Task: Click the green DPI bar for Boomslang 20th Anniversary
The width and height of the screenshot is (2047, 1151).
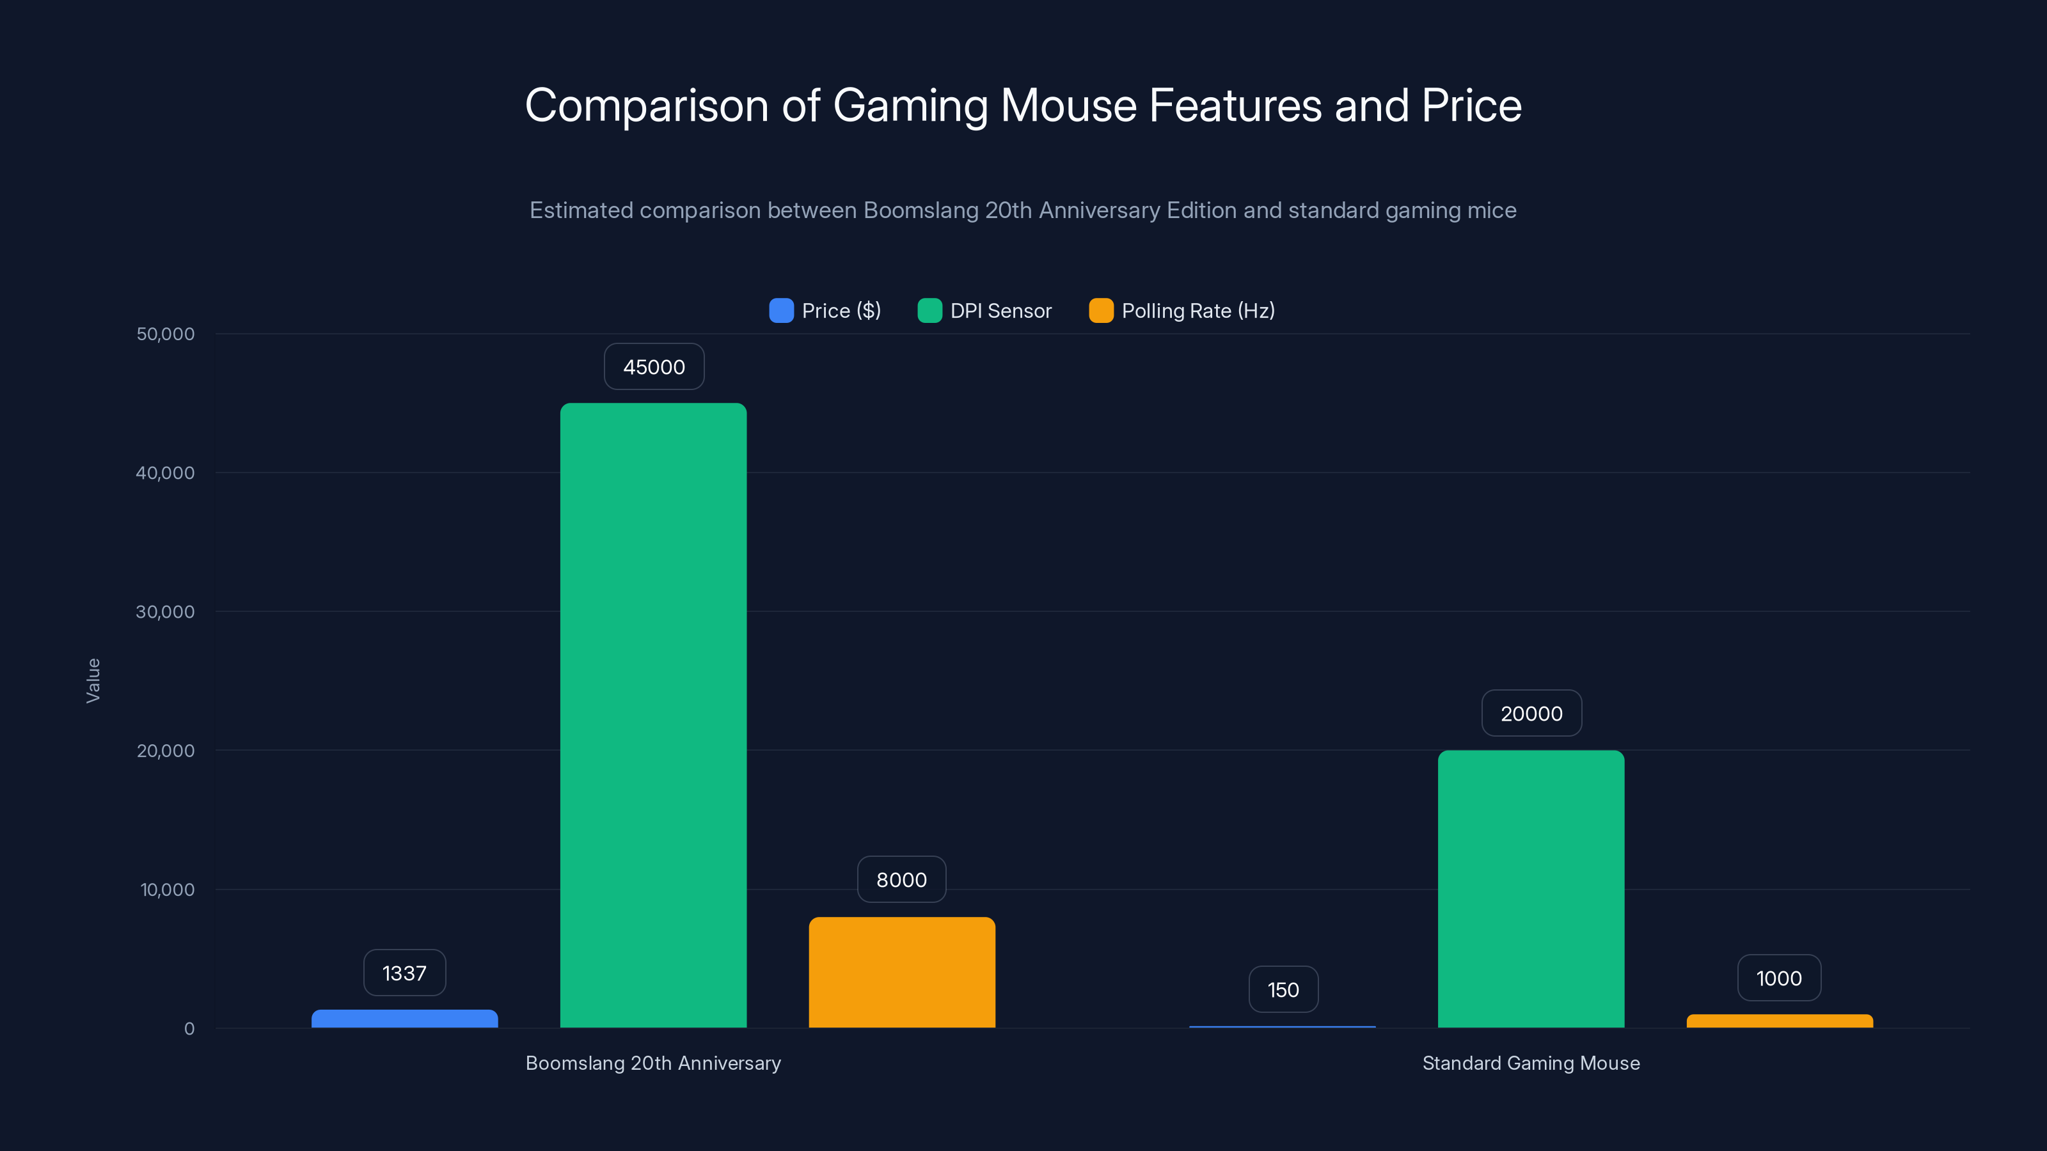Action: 653,715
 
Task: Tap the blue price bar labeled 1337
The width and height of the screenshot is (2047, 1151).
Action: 404,1019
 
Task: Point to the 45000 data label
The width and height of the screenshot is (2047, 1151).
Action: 654,367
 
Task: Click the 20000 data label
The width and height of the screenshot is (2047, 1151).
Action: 1531,714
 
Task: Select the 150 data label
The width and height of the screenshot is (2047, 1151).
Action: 1283,990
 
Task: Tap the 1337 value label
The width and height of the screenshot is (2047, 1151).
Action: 404,973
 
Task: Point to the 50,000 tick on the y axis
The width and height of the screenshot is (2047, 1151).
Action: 165,334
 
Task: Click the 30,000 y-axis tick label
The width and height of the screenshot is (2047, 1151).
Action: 165,612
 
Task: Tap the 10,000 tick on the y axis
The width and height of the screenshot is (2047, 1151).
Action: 167,889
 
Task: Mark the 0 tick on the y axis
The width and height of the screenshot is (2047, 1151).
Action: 189,1029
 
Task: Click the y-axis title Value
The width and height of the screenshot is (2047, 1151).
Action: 93,680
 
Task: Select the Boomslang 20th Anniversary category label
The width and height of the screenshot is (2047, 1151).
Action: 653,1063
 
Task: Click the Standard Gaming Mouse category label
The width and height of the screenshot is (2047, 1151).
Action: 1531,1063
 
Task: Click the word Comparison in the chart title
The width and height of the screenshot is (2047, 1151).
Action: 646,106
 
